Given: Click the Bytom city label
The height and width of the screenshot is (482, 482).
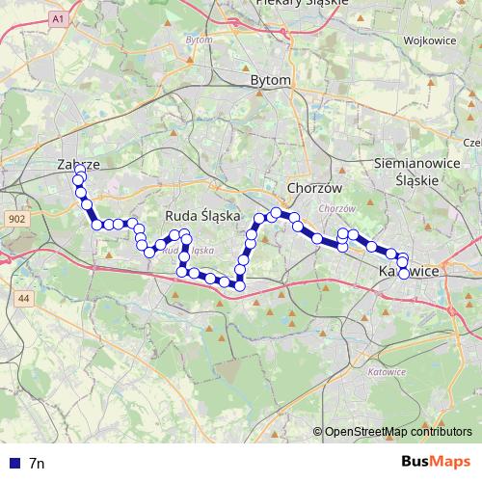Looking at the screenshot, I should (269, 81).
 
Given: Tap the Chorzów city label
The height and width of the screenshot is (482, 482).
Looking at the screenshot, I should (309, 186).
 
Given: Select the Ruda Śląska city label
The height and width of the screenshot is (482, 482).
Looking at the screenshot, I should (202, 216).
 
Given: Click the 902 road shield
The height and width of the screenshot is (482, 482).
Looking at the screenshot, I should (14, 220).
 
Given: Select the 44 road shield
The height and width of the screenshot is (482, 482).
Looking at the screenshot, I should (24, 301).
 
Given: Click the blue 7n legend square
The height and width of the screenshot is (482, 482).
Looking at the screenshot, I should (12, 463).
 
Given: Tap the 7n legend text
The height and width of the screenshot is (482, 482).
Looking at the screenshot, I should (37, 463).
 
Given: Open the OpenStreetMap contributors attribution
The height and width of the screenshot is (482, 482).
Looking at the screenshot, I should (398, 432).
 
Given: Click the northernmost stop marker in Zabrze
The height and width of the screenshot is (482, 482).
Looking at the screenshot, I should (79, 171).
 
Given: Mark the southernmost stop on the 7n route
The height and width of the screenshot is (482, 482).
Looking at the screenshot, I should (239, 283).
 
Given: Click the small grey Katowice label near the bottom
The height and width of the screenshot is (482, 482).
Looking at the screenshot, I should (388, 370).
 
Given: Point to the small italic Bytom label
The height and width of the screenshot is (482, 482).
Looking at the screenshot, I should (199, 40).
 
